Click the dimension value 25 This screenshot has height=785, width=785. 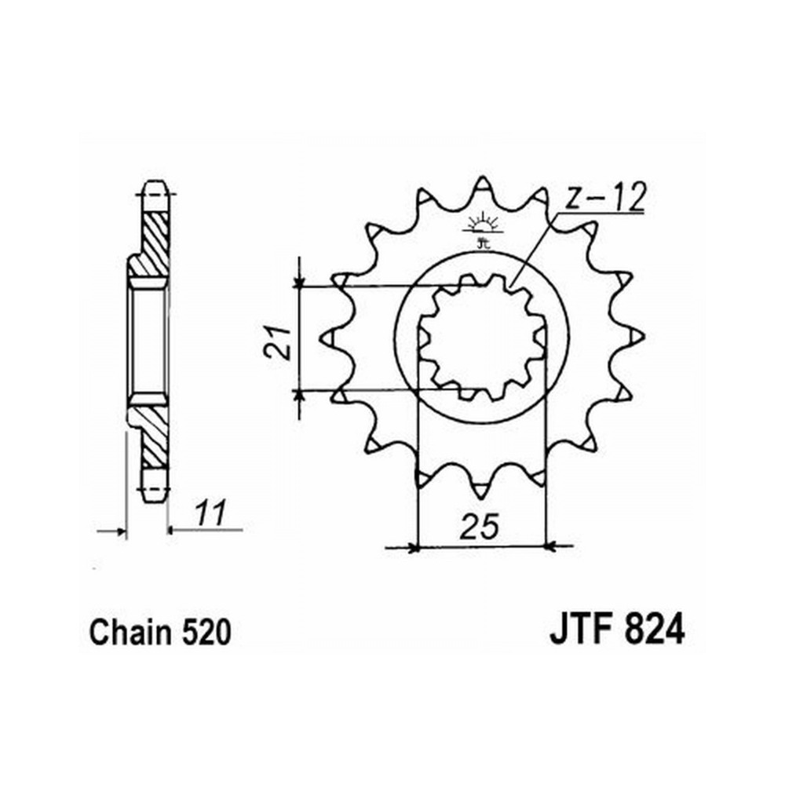(480, 527)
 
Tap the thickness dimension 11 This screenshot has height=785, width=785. (210, 512)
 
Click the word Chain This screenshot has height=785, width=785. (130, 632)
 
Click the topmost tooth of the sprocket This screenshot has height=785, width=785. (482, 188)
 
